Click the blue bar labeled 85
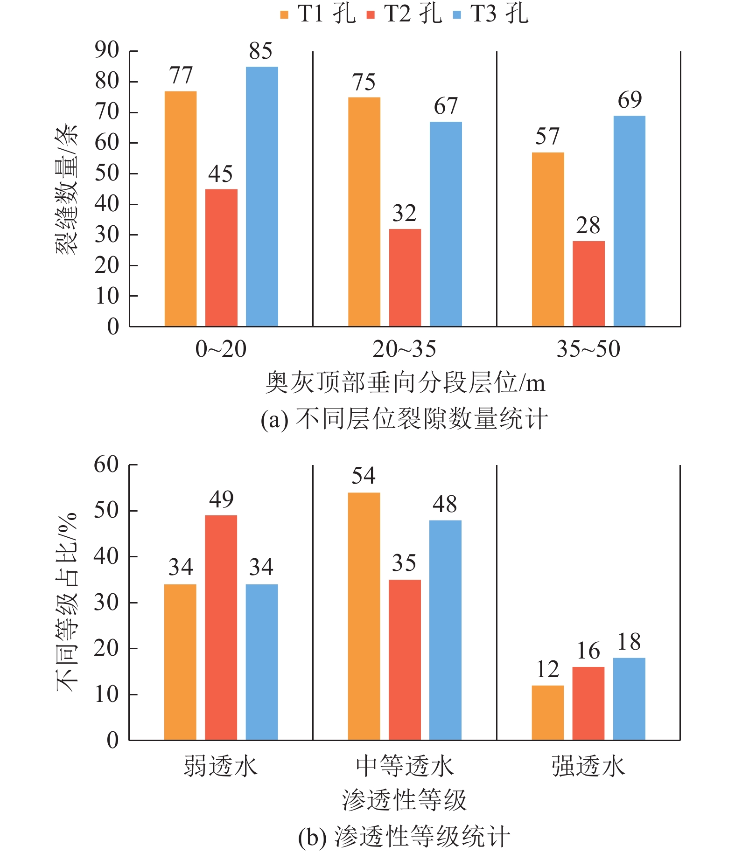262,196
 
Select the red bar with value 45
221,257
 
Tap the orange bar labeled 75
364,212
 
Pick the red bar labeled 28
588,284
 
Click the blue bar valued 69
629,221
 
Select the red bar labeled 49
221,627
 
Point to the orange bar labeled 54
364,616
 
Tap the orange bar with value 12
548,713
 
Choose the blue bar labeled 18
629,699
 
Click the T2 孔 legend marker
371,15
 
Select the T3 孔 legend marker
457,15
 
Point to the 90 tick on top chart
107,50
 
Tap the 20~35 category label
404,349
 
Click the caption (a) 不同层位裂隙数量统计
404,418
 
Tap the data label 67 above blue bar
446,106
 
